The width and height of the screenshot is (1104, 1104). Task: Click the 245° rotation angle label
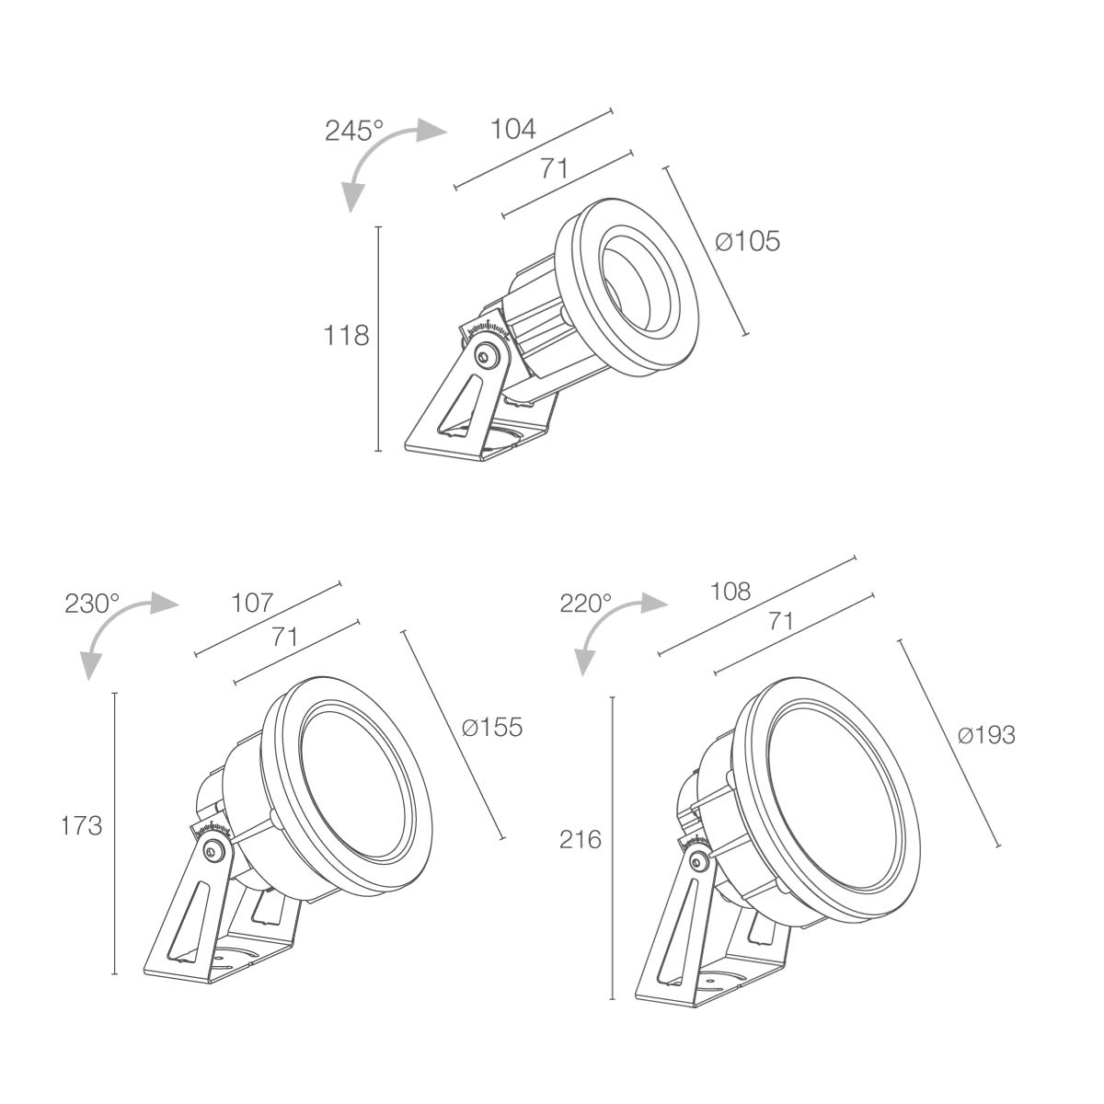[x=353, y=131]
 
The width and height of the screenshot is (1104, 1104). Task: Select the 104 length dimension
[x=512, y=129]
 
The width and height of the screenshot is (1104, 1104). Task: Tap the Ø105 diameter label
[x=748, y=241]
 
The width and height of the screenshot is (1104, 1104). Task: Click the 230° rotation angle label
[x=92, y=604]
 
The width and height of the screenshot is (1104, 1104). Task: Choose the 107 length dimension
[x=253, y=603]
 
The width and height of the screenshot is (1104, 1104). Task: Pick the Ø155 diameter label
[x=492, y=727]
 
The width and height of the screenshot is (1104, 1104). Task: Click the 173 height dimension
[x=81, y=825]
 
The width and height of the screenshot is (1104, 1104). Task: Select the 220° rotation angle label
[x=585, y=604]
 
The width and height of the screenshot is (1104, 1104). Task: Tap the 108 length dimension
[x=730, y=592]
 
